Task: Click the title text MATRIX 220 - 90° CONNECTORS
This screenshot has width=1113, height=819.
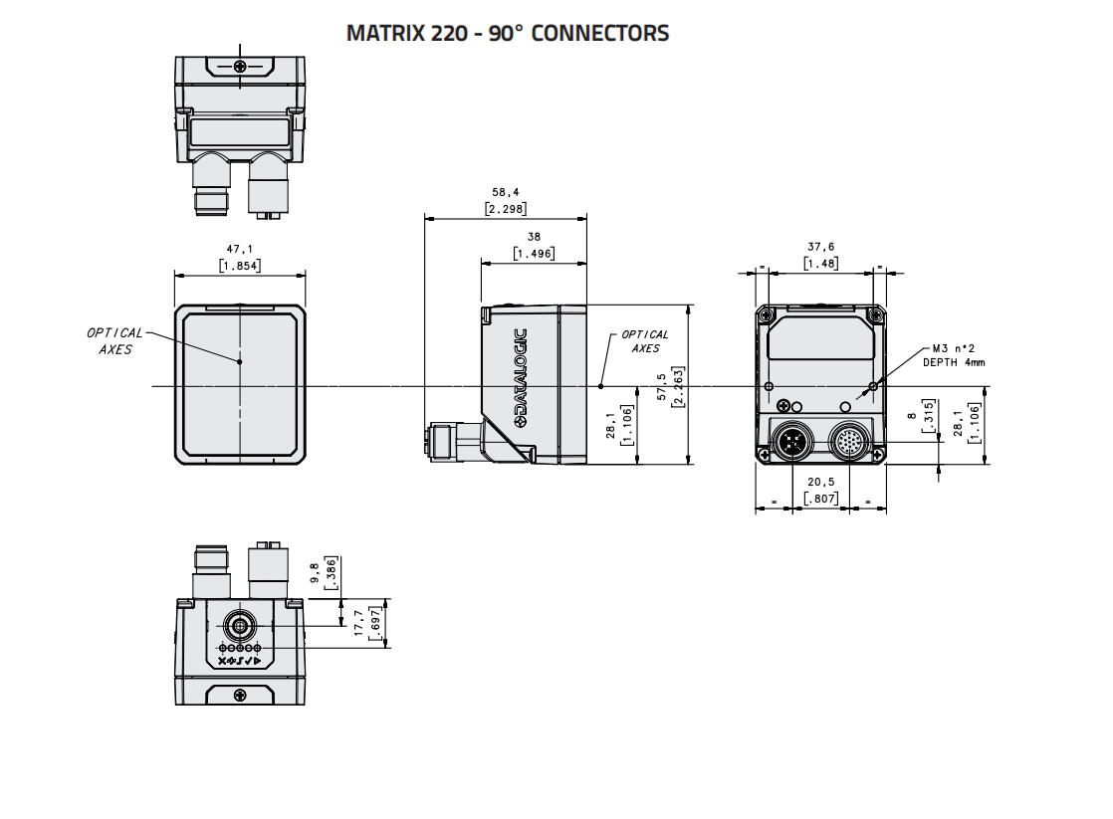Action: pos(507,33)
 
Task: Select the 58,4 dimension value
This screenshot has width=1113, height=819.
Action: pos(505,192)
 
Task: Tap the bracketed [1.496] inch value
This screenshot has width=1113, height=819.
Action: pos(534,254)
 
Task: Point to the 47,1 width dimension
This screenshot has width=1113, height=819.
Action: pos(239,249)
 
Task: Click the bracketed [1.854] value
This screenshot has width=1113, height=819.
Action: pos(239,266)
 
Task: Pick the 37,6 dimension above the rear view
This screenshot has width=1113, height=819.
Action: pos(820,247)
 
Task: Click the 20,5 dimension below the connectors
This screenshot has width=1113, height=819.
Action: pos(820,481)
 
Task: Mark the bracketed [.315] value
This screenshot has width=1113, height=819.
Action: pos(928,413)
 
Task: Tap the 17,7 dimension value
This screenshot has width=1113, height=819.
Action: pos(360,624)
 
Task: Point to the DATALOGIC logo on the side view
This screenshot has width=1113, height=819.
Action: pos(521,378)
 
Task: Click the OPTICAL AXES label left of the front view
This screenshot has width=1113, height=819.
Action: pos(114,341)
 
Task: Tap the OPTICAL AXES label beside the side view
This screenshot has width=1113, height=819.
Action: pos(645,341)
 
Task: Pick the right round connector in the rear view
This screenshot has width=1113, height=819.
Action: pos(849,439)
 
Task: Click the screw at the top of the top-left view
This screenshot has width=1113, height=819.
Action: pos(240,67)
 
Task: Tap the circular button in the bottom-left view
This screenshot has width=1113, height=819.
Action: pos(239,626)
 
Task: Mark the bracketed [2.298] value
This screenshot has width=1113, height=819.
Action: pos(505,209)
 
